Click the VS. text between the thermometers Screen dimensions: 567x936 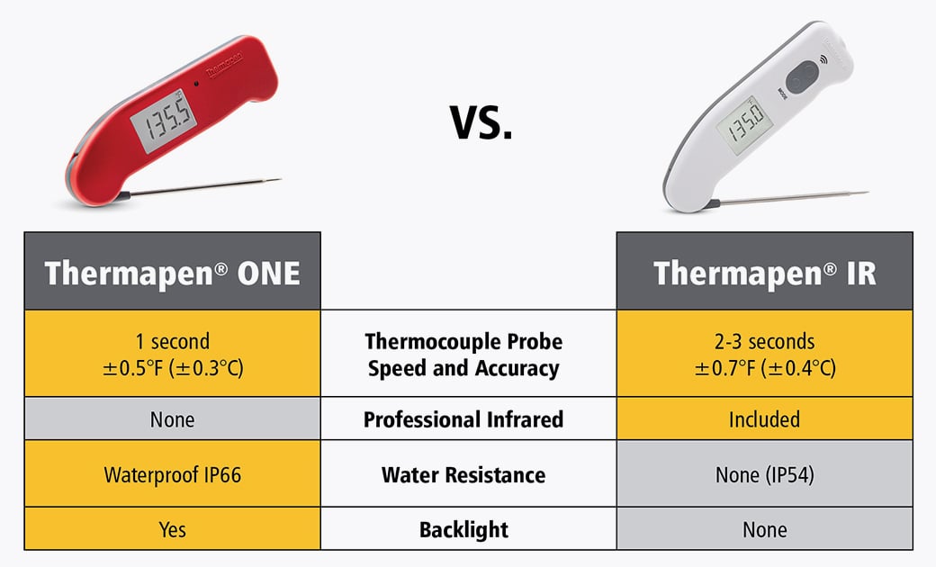481,122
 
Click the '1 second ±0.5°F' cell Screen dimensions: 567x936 172,354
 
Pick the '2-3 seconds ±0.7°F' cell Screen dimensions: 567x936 764,354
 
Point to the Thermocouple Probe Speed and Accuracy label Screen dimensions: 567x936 463,355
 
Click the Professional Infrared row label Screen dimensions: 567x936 463,419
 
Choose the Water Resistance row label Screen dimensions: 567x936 463,474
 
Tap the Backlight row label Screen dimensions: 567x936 463,529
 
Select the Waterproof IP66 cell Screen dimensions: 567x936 172,474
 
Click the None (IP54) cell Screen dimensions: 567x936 764,474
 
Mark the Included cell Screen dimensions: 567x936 764,419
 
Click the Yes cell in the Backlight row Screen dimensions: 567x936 172,529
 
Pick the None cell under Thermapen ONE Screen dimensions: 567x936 172,419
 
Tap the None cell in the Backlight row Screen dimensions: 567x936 764,529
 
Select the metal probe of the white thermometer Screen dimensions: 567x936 792,196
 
